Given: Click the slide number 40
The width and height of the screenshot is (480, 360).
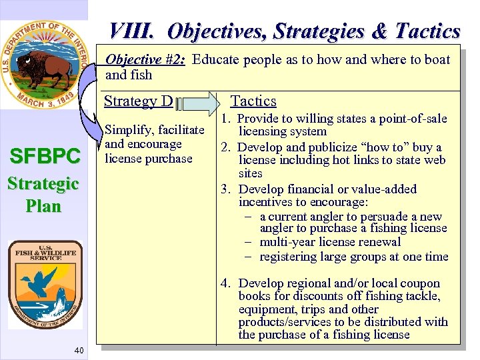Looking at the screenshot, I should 79,351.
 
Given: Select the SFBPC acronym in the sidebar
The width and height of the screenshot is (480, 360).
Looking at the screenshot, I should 43,157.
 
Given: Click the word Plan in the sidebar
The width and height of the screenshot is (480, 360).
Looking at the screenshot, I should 43,205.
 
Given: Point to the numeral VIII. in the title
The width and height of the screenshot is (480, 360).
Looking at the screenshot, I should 133,31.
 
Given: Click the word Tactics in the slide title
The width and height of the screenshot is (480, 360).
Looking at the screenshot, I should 427,31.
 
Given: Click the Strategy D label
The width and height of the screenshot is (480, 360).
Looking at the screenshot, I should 139,101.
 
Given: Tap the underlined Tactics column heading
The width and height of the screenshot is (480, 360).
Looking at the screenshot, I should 253,101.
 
